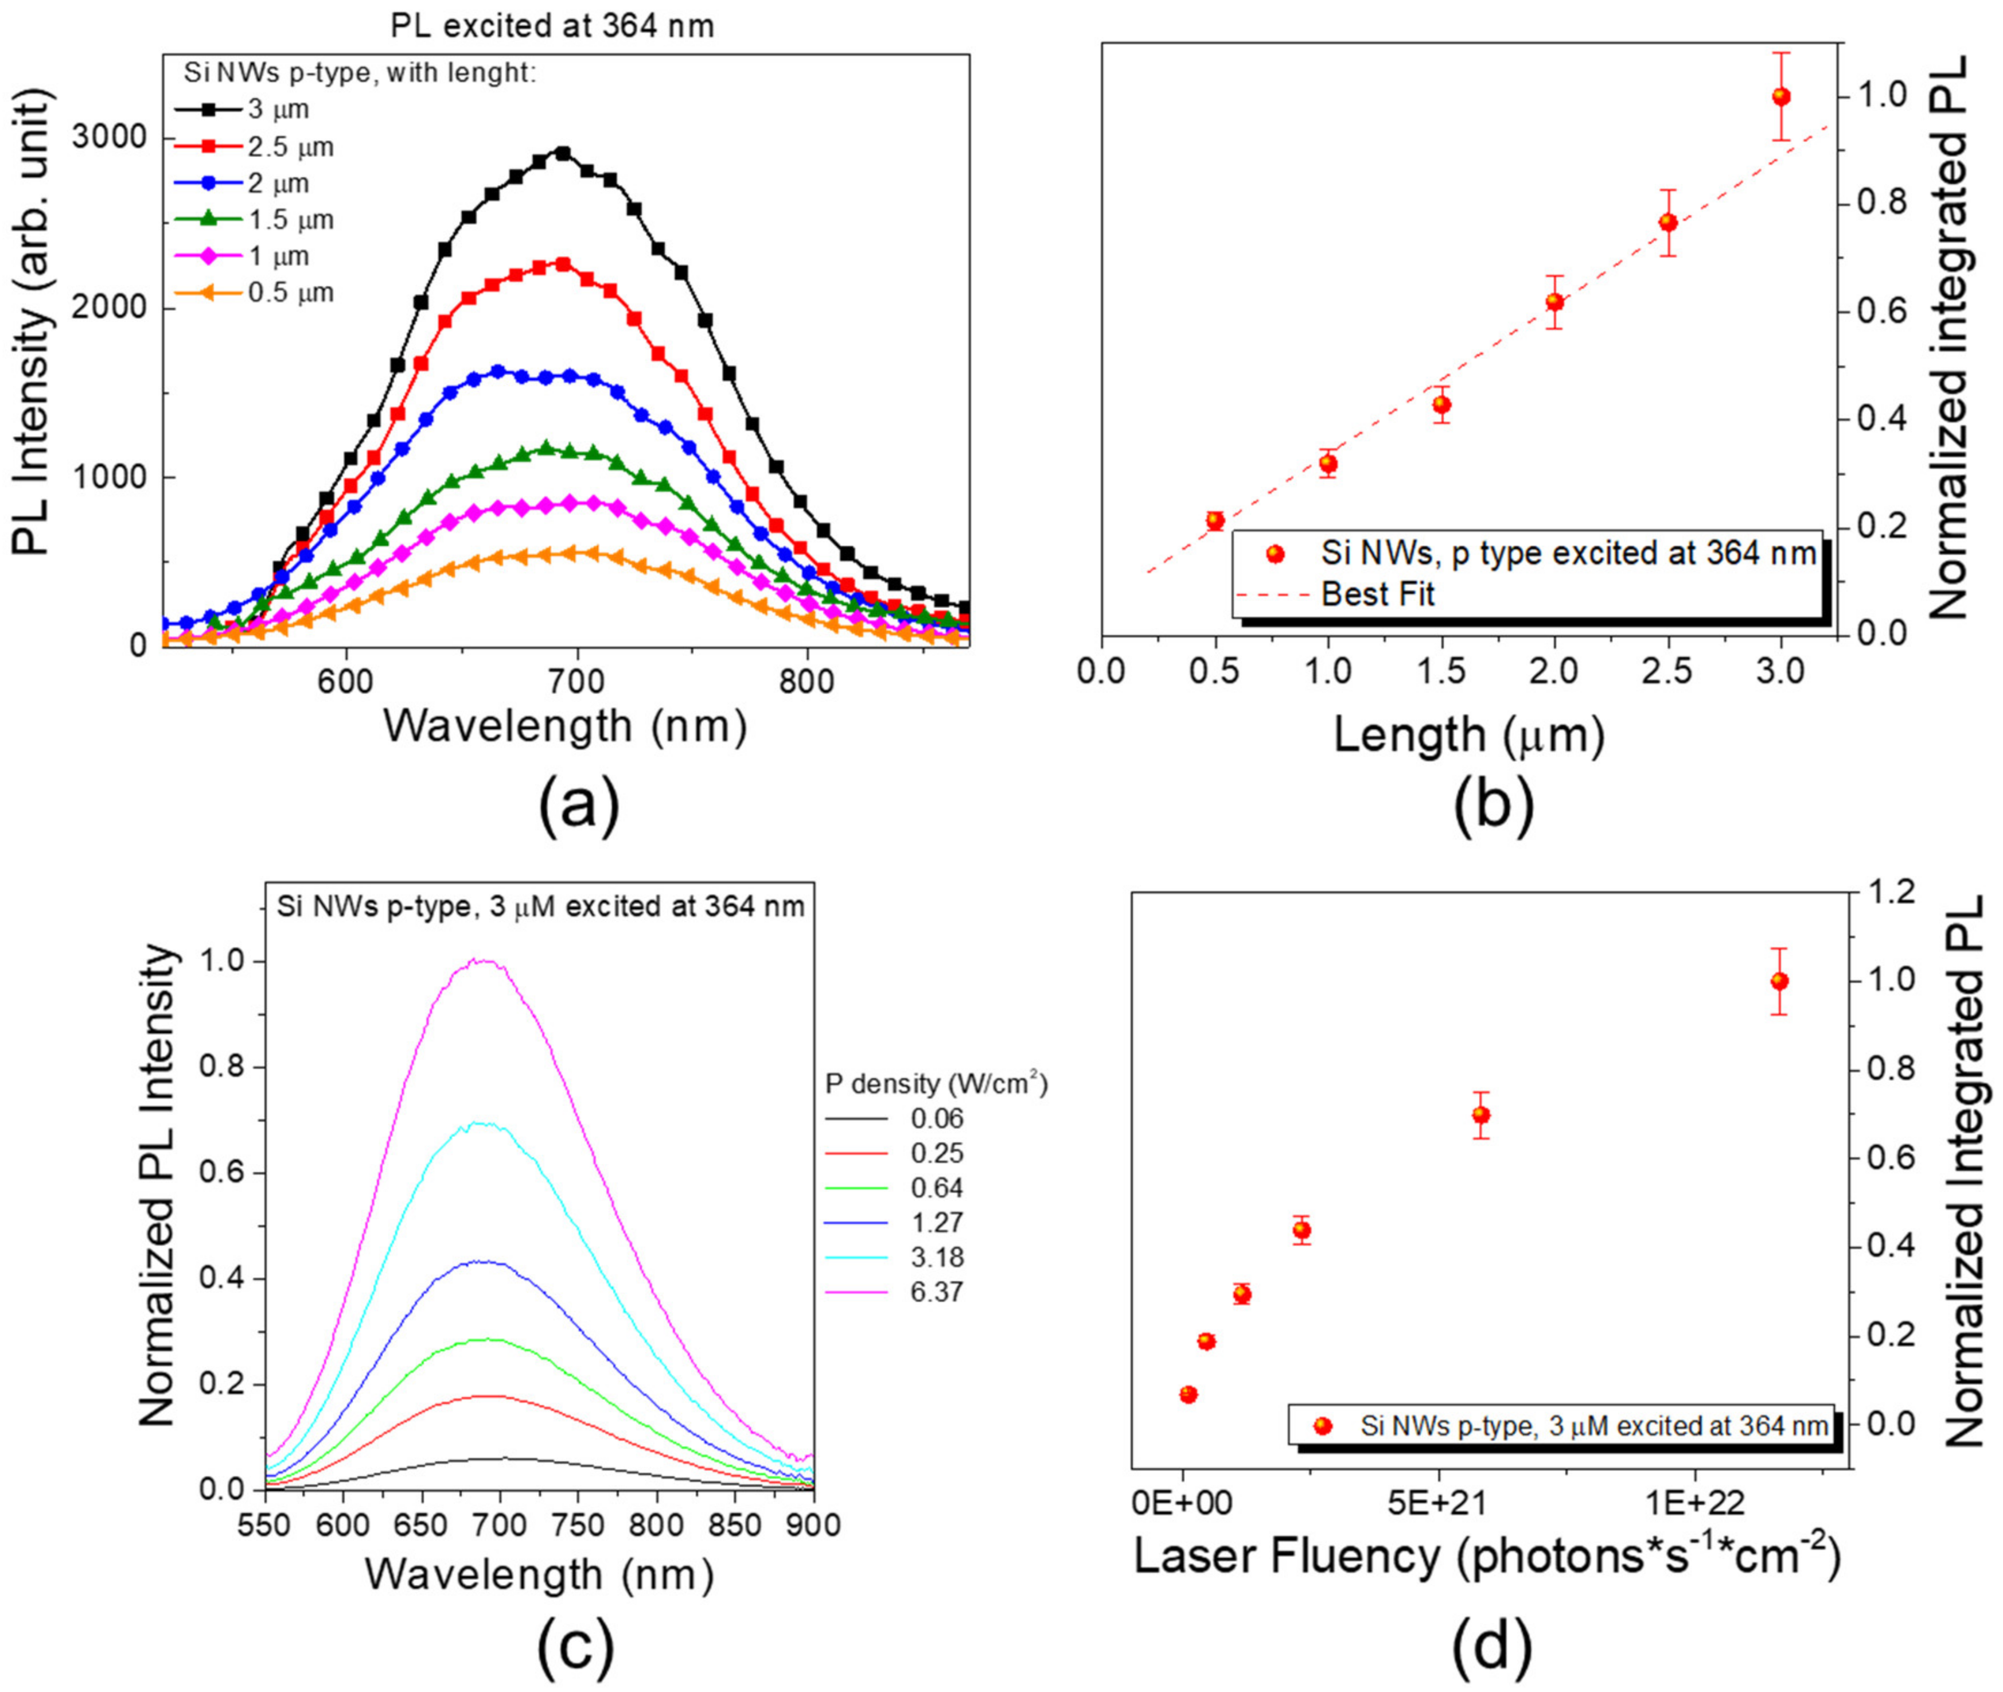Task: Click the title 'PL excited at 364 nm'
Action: coord(552,26)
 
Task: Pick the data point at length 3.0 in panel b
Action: coord(1782,97)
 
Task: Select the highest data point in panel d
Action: coord(1780,981)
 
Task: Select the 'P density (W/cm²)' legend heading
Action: coord(936,1084)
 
